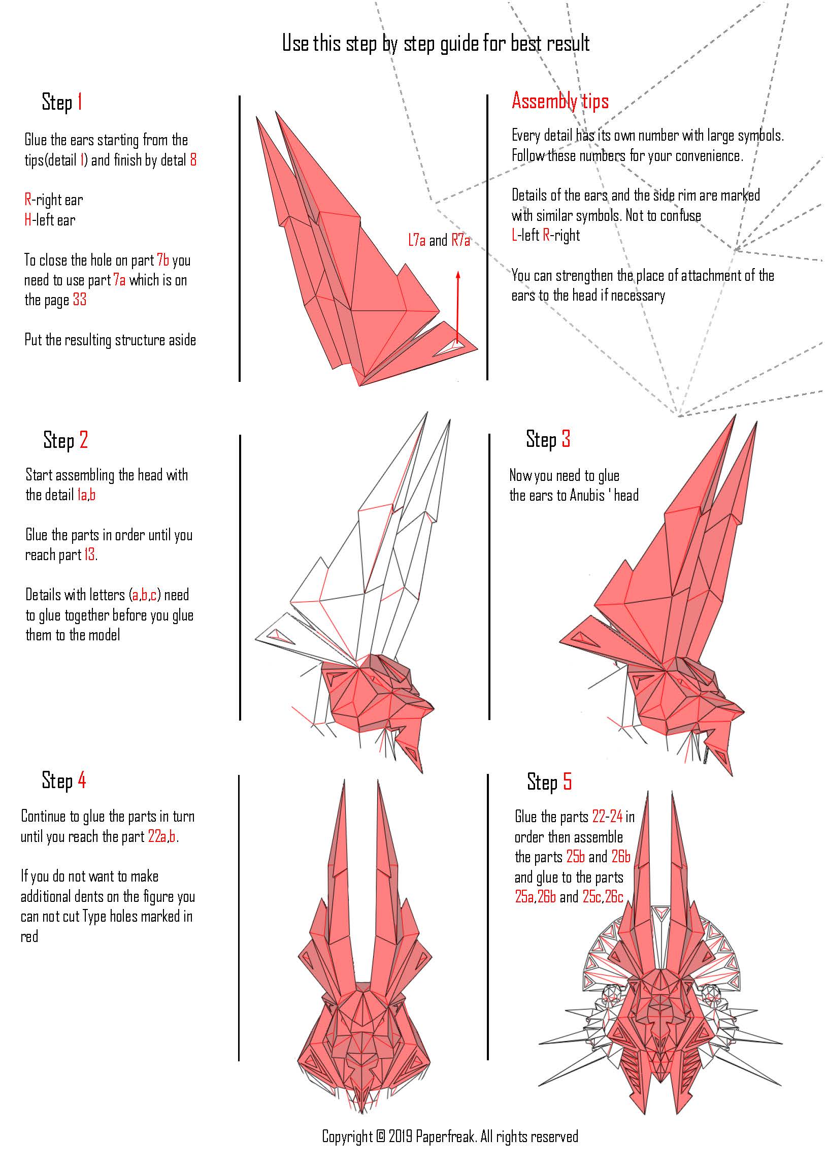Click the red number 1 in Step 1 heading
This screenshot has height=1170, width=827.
click(80, 102)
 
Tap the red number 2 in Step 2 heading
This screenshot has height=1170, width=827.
click(84, 440)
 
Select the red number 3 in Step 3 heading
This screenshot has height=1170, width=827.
click(566, 439)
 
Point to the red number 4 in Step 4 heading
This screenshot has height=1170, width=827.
click(82, 780)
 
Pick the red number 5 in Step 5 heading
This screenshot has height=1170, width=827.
click(567, 782)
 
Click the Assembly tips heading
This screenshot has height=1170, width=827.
click(560, 101)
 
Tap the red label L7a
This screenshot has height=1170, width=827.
click(416, 240)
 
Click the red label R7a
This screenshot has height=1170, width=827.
click(460, 240)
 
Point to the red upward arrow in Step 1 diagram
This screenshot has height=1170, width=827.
click(457, 306)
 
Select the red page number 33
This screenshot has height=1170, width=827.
click(80, 300)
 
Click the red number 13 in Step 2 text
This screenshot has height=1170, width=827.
click(89, 555)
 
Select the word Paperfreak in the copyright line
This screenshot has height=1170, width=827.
click(446, 1136)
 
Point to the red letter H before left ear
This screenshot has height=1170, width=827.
click(28, 220)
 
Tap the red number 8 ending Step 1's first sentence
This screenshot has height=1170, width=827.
click(193, 160)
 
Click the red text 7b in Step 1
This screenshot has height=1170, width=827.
click(163, 260)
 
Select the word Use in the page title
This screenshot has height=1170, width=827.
click(295, 43)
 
